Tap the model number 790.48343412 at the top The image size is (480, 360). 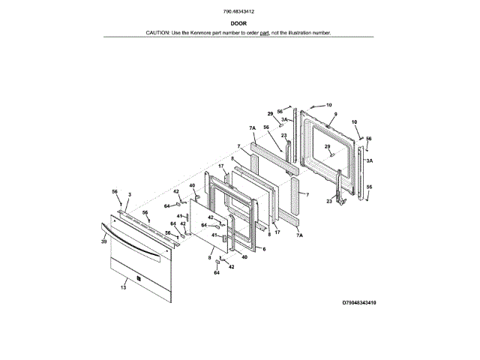[240, 11]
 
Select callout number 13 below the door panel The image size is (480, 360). [123, 287]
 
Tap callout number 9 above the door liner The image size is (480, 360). [335, 113]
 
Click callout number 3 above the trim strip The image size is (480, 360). [129, 195]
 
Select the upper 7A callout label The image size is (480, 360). [253, 128]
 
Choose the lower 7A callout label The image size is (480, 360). [299, 236]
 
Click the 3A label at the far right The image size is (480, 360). [370, 160]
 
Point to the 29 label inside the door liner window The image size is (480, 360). [327, 147]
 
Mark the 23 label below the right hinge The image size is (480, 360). [328, 200]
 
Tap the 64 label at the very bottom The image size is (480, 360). [217, 273]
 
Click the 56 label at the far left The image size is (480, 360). [115, 192]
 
